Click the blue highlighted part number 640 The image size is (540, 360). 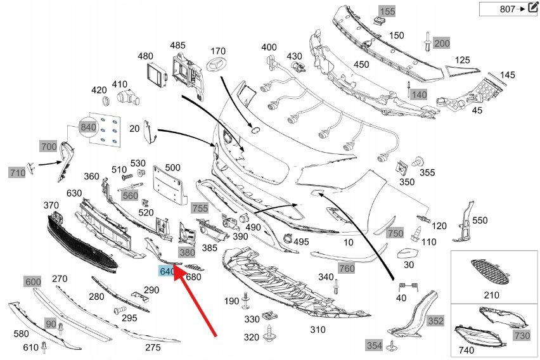[167, 271]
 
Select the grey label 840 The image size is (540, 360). [88, 127]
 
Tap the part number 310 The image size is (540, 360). [317, 330]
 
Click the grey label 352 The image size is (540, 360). [435, 321]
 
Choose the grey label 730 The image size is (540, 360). [522, 335]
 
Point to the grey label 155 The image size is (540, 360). [387, 11]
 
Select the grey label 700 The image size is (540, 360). [49, 147]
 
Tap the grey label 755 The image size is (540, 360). [200, 208]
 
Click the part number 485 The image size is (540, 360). [177, 45]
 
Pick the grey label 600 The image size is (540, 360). [32, 281]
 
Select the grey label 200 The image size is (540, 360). [441, 43]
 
